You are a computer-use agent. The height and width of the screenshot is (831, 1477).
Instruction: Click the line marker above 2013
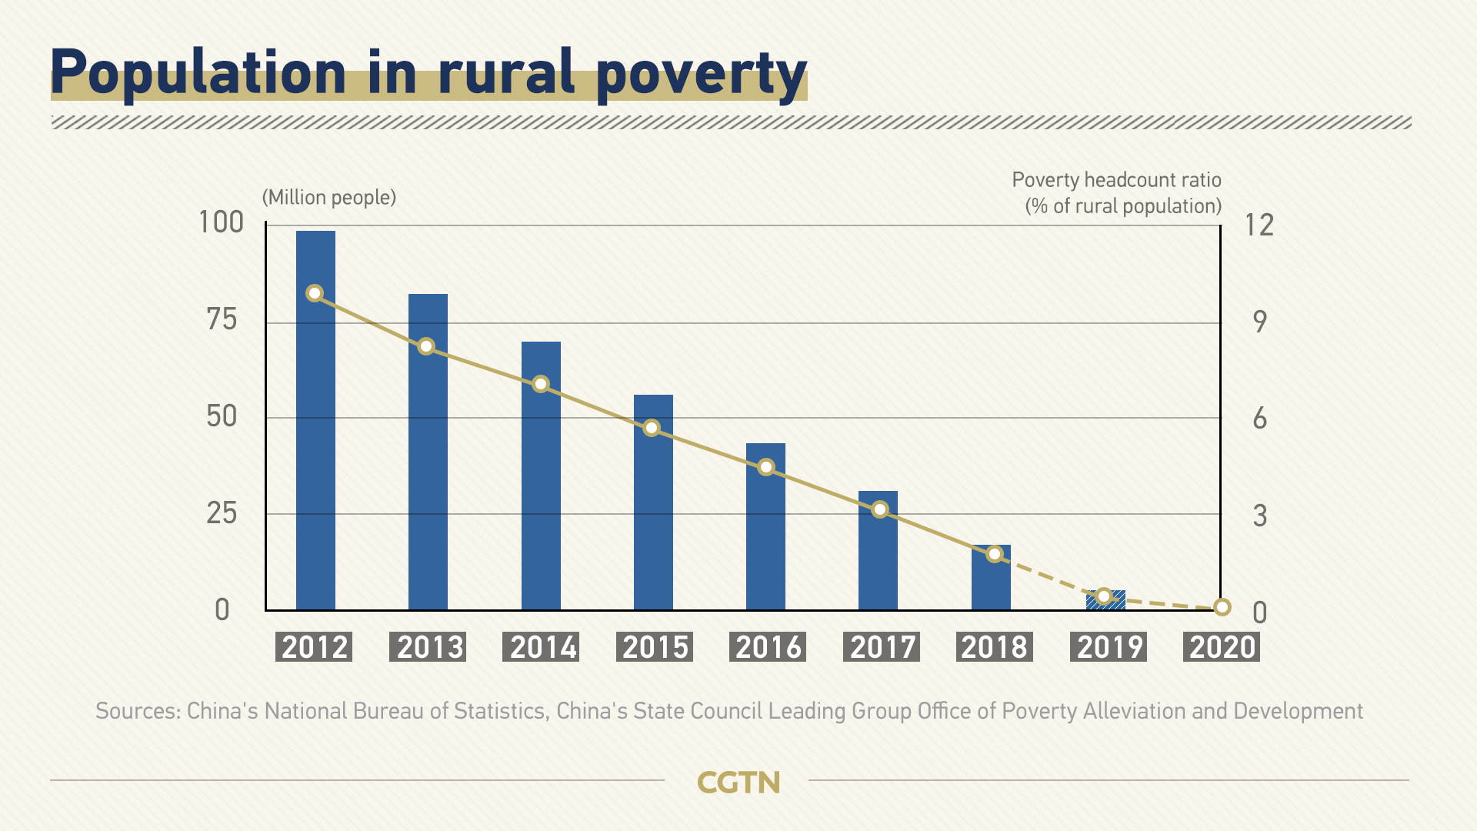click(426, 346)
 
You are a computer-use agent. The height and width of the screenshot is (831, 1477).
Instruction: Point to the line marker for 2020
click(1222, 607)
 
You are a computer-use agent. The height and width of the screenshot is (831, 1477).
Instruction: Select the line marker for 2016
click(766, 467)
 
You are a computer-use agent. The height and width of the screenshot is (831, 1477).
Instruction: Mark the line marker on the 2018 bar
click(995, 554)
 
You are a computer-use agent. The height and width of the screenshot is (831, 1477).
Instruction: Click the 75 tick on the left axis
click(222, 319)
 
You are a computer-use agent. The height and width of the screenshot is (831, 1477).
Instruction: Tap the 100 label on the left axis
click(221, 222)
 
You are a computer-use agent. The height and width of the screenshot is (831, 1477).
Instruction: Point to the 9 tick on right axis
click(1259, 322)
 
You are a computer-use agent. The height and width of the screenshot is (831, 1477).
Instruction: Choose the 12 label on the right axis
click(1259, 225)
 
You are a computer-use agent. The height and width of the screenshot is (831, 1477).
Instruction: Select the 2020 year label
click(1221, 647)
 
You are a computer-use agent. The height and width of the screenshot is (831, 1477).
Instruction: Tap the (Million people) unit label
click(329, 198)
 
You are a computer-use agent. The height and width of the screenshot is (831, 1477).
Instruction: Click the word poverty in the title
click(701, 74)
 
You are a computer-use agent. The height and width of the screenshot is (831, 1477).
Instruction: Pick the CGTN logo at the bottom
click(738, 783)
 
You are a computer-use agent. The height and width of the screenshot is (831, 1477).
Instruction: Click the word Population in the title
click(198, 72)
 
